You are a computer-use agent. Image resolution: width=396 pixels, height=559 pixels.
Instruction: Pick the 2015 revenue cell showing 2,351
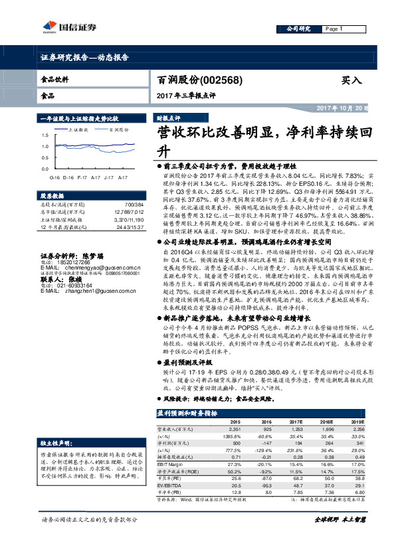pos(235,430)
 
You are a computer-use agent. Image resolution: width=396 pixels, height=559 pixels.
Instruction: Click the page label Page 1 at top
pos(334,29)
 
